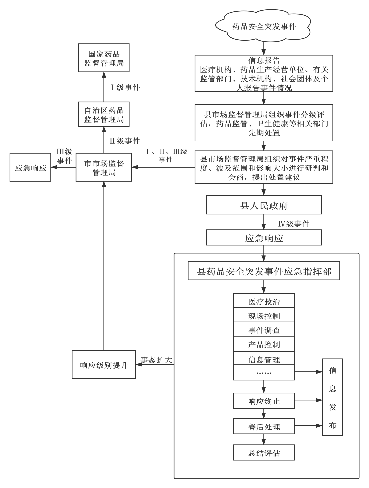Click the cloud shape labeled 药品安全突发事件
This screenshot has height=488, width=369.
[x=264, y=27]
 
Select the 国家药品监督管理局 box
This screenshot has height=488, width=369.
[x=104, y=58]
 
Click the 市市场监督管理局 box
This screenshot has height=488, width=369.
[x=104, y=167]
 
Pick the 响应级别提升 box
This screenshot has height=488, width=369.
[x=104, y=365]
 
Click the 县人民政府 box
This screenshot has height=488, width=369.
[x=264, y=205]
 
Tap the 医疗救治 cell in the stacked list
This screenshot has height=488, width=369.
[x=264, y=301]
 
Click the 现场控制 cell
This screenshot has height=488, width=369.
[x=264, y=316]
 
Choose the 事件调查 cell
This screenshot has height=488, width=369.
[x=264, y=330]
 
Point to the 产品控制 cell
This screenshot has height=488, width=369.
[x=264, y=344]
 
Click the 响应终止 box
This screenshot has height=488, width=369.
[x=264, y=401]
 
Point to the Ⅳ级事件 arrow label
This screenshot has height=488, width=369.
[x=294, y=224]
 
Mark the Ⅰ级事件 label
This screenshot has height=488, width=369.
[x=125, y=87]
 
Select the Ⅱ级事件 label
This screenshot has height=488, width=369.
[x=125, y=141]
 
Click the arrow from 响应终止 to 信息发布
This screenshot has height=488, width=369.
[x=308, y=400]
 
